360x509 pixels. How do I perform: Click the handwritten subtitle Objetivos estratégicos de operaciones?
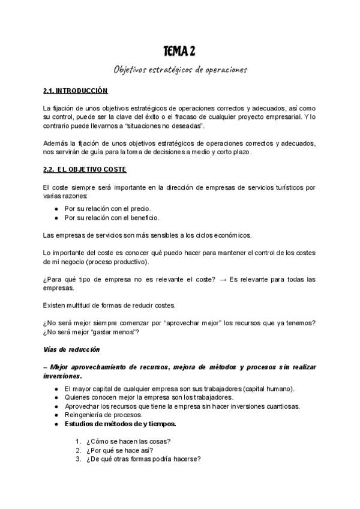[x=180, y=70]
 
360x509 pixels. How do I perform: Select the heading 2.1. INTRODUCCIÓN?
[x=75, y=91]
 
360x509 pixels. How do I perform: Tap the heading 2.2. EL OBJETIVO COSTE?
[x=85, y=170]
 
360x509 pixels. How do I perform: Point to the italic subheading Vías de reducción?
[x=71, y=349]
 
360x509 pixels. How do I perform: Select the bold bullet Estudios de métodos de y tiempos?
[x=120, y=424]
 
